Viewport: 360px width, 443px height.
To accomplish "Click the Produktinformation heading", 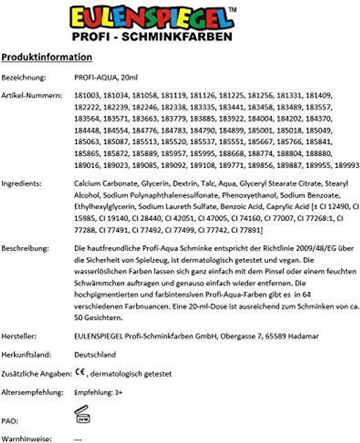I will coord(47,57).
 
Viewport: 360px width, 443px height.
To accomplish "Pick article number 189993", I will coord(347,165).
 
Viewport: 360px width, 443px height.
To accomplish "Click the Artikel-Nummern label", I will coord(31,95).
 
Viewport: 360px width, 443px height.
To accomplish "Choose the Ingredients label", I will coord(22,183).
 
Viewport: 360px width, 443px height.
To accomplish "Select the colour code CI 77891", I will coord(245,230).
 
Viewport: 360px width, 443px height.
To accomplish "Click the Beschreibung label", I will coord(25,249).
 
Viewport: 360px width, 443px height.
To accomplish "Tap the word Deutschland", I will coord(95,355).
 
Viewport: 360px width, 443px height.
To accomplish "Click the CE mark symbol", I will coord(80,372).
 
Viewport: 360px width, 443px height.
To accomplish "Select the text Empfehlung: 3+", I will coord(99,393).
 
